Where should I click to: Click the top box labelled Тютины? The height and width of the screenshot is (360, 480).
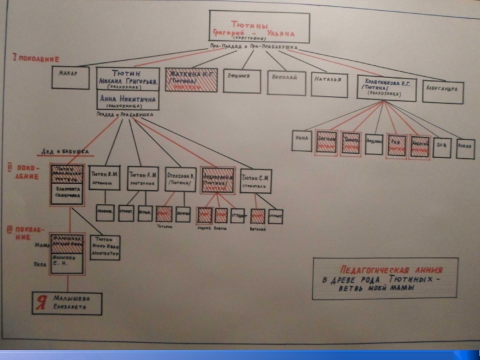(259, 28)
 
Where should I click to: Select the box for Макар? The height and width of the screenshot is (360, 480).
(70, 78)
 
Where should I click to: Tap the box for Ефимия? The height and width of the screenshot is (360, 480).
(241, 80)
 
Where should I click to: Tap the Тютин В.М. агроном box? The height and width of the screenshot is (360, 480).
(104, 178)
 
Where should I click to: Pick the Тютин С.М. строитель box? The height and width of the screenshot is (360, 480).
(256, 180)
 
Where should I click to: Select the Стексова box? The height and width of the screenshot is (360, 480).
(180, 179)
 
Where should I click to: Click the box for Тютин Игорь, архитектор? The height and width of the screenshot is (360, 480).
(106, 246)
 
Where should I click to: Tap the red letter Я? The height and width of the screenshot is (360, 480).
(41, 303)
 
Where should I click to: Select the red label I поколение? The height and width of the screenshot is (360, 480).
(37, 58)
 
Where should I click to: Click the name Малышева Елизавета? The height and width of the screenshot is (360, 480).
(74, 303)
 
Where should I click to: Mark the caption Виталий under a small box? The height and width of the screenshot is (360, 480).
(257, 228)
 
